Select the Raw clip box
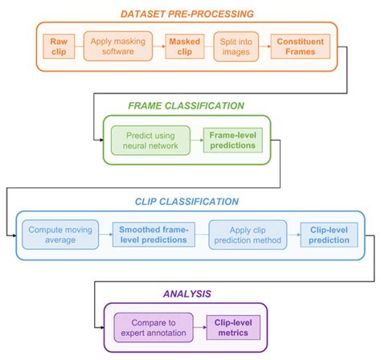pos(59,45)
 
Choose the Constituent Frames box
pos(301,45)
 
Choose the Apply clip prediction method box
pos(248,234)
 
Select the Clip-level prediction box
pos(329,234)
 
